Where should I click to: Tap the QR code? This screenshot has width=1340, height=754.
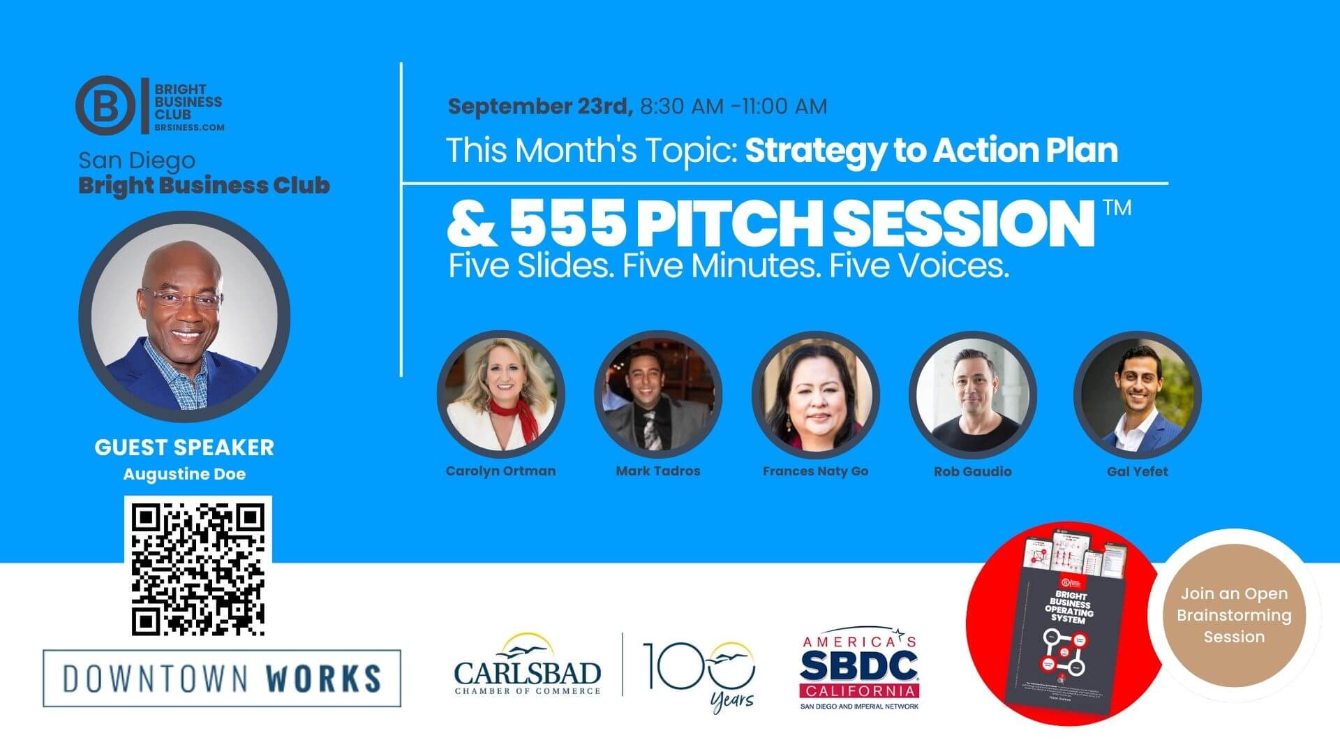198,567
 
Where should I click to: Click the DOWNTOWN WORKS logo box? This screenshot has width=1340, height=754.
222,678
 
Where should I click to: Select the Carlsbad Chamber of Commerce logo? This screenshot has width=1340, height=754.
528,667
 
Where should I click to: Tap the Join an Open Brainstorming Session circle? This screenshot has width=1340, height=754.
1234,615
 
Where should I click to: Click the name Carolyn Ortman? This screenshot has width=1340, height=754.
500,471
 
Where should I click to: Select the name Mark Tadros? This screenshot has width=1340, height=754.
657,471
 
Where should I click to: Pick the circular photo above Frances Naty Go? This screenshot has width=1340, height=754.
815,395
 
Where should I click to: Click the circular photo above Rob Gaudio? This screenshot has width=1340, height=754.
972,395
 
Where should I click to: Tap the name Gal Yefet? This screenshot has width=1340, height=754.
1137,472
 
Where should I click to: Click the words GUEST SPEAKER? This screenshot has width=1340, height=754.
184,448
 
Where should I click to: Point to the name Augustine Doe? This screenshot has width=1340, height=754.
184,475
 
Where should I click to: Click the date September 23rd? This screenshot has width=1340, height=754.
539,106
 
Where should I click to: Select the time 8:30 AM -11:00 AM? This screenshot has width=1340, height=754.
734,106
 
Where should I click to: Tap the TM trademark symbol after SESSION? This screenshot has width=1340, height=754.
1117,208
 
